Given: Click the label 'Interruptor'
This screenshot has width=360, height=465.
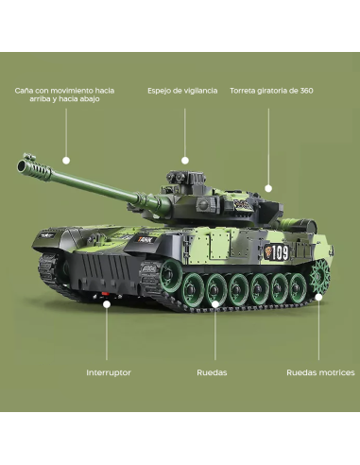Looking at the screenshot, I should pyautogui.click(x=109, y=372).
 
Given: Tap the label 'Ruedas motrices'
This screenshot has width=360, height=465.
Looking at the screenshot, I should pyautogui.click(x=320, y=372).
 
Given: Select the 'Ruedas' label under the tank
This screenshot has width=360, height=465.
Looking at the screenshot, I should pyautogui.click(x=212, y=372).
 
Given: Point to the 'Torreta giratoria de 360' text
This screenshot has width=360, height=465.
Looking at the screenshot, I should pyautogui.click(x=271, y=91).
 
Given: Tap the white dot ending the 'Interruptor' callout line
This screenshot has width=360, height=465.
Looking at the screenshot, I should pyautogui.click(x=107, y=303).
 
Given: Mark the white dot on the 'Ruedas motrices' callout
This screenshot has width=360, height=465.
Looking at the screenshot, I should pyautogui.click(x=319, y=296).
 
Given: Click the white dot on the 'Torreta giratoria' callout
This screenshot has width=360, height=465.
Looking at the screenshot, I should pyautogui.click(x=269, y=188).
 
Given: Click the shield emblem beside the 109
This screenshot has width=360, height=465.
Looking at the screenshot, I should pyautogui.click(x=268, y=252).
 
